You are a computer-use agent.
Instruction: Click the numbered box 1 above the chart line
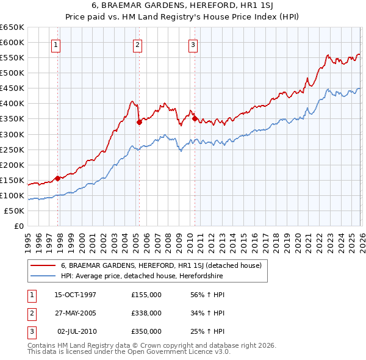click(x=56, y=44)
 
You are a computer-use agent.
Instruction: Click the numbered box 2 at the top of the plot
click(x=138, y=44)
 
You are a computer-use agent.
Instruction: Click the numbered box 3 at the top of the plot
click(x=193, y=44)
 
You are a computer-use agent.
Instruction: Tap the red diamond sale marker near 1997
click(x=58, y=178)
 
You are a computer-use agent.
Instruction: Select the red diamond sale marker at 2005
click(x=139, y=122)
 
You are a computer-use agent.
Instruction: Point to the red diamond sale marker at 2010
click(x=195, y=118)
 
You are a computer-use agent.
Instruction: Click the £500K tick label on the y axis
click(x=12, y=73)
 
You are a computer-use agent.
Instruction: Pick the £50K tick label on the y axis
click(x=15, y=211)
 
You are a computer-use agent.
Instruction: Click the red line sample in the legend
click(x=43, y=265)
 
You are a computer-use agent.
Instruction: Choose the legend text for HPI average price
click(x=142, y=276)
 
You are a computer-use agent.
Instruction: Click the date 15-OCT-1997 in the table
click(x=75, y=295)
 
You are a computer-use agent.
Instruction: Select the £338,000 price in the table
click(x=146, y=313)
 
